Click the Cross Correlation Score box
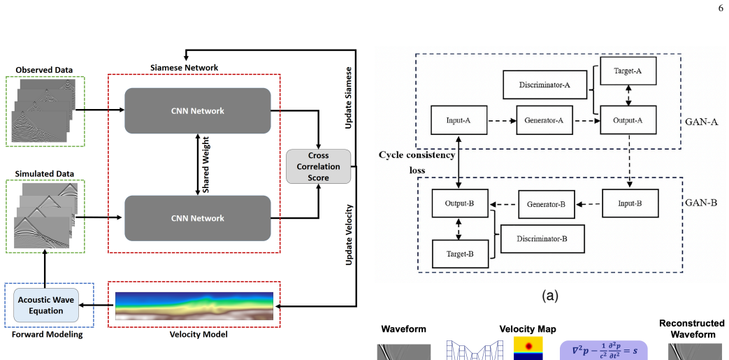(x=319, y=166)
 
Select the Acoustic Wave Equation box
(x=47, y=305)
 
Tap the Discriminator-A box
(x=544, y=85)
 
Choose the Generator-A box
(x=544, y=120)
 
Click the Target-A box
(x=628, y=71)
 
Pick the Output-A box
(x=628, y=120)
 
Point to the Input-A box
(x=459, y=120)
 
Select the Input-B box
(x=630, y=203)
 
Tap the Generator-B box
(x=547, y=204)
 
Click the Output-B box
(x=460, y=203)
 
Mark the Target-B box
(x=461, y=254)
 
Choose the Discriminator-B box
(x=542, y=238)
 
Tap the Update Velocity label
(x=349, y=236)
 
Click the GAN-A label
(x=702, y=122)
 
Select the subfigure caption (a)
(x=550, y=296)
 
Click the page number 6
(x=721, y=7)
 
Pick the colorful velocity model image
(x=194, y=305)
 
